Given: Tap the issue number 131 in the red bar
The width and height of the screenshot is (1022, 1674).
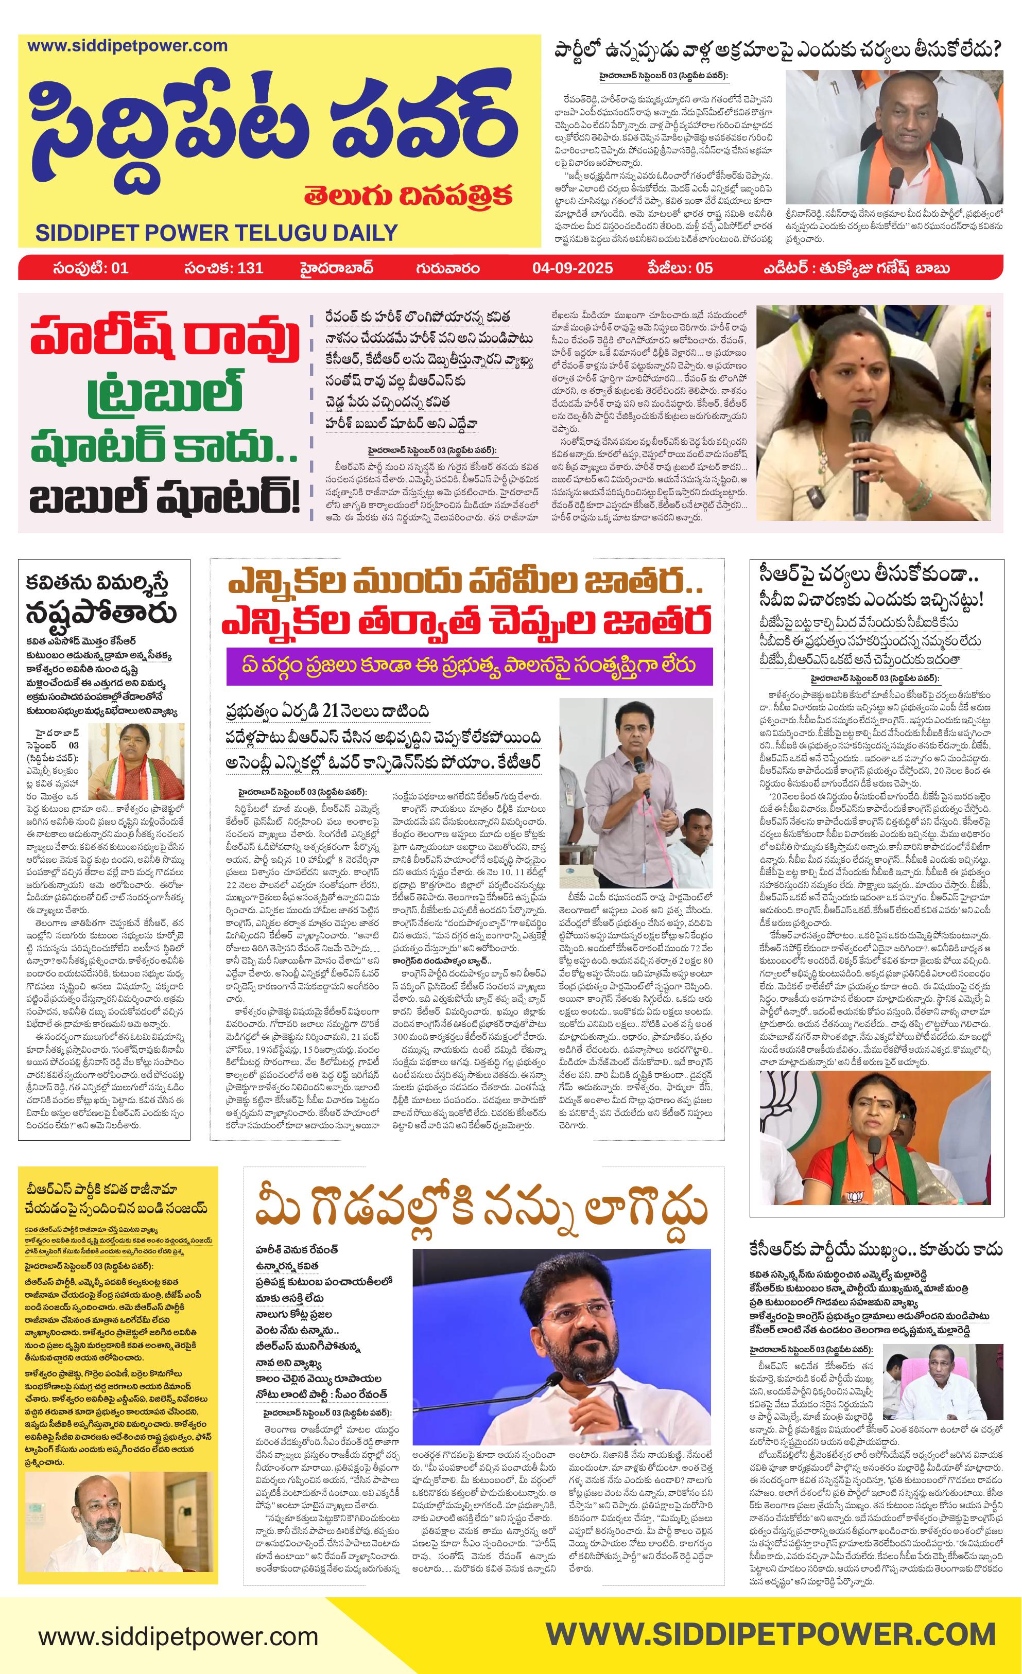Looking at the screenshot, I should click(250, 268).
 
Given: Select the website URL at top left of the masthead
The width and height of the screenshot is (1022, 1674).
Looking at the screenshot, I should click(127, 46).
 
